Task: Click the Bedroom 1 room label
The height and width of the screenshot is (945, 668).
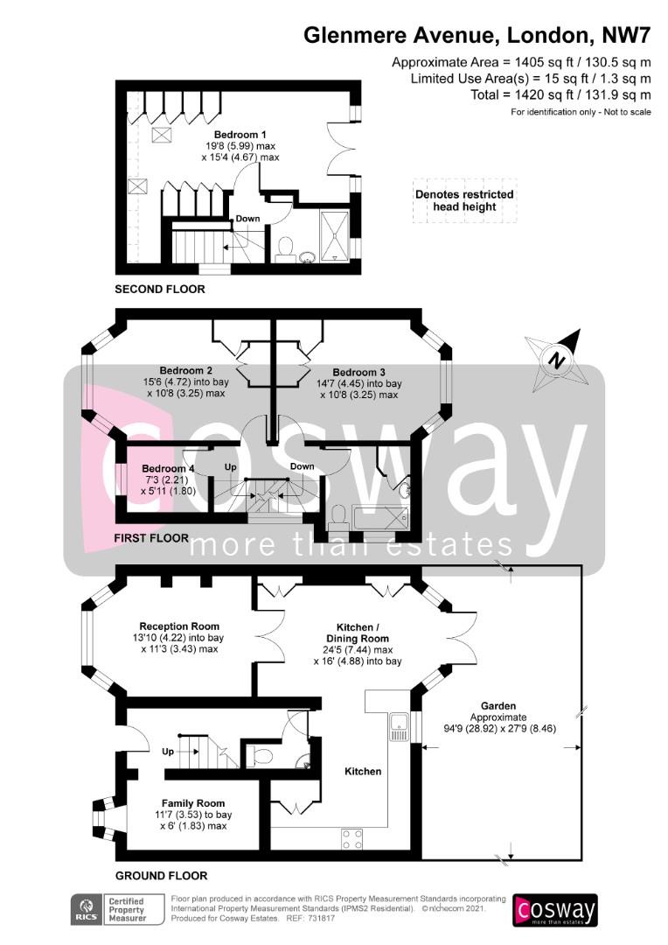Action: pos(240,135)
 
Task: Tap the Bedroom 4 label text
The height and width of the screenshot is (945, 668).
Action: pos(168,468)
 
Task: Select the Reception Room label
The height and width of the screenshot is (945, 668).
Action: pos(179,626)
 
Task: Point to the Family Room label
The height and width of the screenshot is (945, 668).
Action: pos(192,803)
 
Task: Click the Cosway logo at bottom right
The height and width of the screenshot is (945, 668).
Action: pos(554,910)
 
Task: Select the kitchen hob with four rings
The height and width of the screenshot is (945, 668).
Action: pos(352,839)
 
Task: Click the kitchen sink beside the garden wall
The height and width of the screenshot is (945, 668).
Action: pos(400,727)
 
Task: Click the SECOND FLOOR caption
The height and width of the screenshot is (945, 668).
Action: pos(160,290)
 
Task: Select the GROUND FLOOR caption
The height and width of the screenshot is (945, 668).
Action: pos(162,876)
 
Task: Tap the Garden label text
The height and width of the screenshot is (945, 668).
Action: pos(498,706)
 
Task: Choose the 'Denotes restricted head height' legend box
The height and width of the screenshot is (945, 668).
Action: pos(464,200)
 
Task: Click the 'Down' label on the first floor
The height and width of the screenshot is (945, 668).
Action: pos(302,466)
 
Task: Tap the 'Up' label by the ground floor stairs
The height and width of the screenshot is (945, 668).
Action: pos(168,752)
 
